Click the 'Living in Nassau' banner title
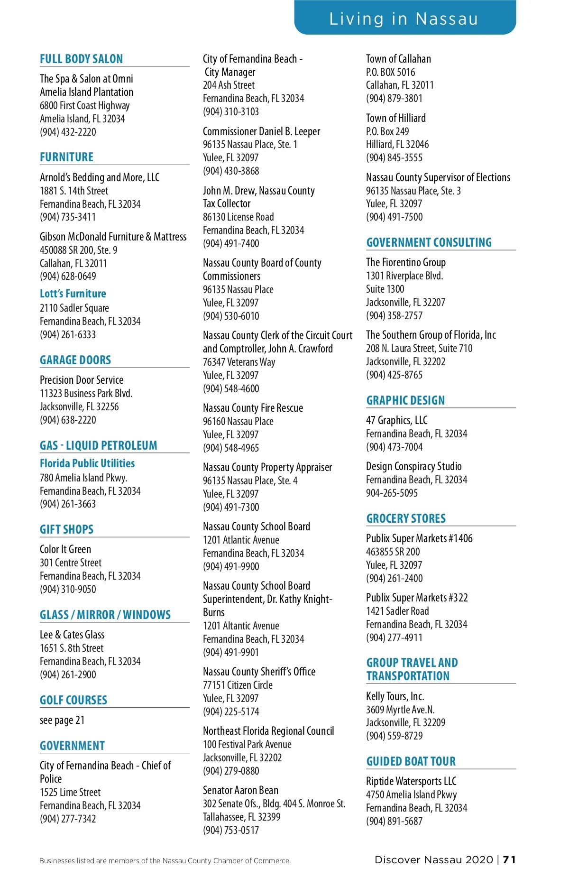coord(404,18)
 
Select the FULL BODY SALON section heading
coord(81,59)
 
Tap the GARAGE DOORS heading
coord(75,360)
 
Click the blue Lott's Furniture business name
coord(73,294)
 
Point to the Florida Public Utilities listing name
coord(87,463)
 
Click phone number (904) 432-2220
coord(68,132)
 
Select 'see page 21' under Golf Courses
coord(62,720)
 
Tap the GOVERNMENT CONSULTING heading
coord(429,242)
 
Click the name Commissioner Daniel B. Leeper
coord(261,131)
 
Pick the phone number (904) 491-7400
coord(231,243)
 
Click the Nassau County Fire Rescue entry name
coord(253,408)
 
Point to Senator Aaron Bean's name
coord(240,790)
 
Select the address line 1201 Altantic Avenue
coord(241,626)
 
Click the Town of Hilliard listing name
coord(396,118)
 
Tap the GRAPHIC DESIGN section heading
coord(405,400)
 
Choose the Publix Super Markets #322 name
coord(417,598)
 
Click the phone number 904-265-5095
coord(392,493)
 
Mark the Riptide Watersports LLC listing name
coord(411,781)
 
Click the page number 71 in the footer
coord(509,859)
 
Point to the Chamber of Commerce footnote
coord(165,860)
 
